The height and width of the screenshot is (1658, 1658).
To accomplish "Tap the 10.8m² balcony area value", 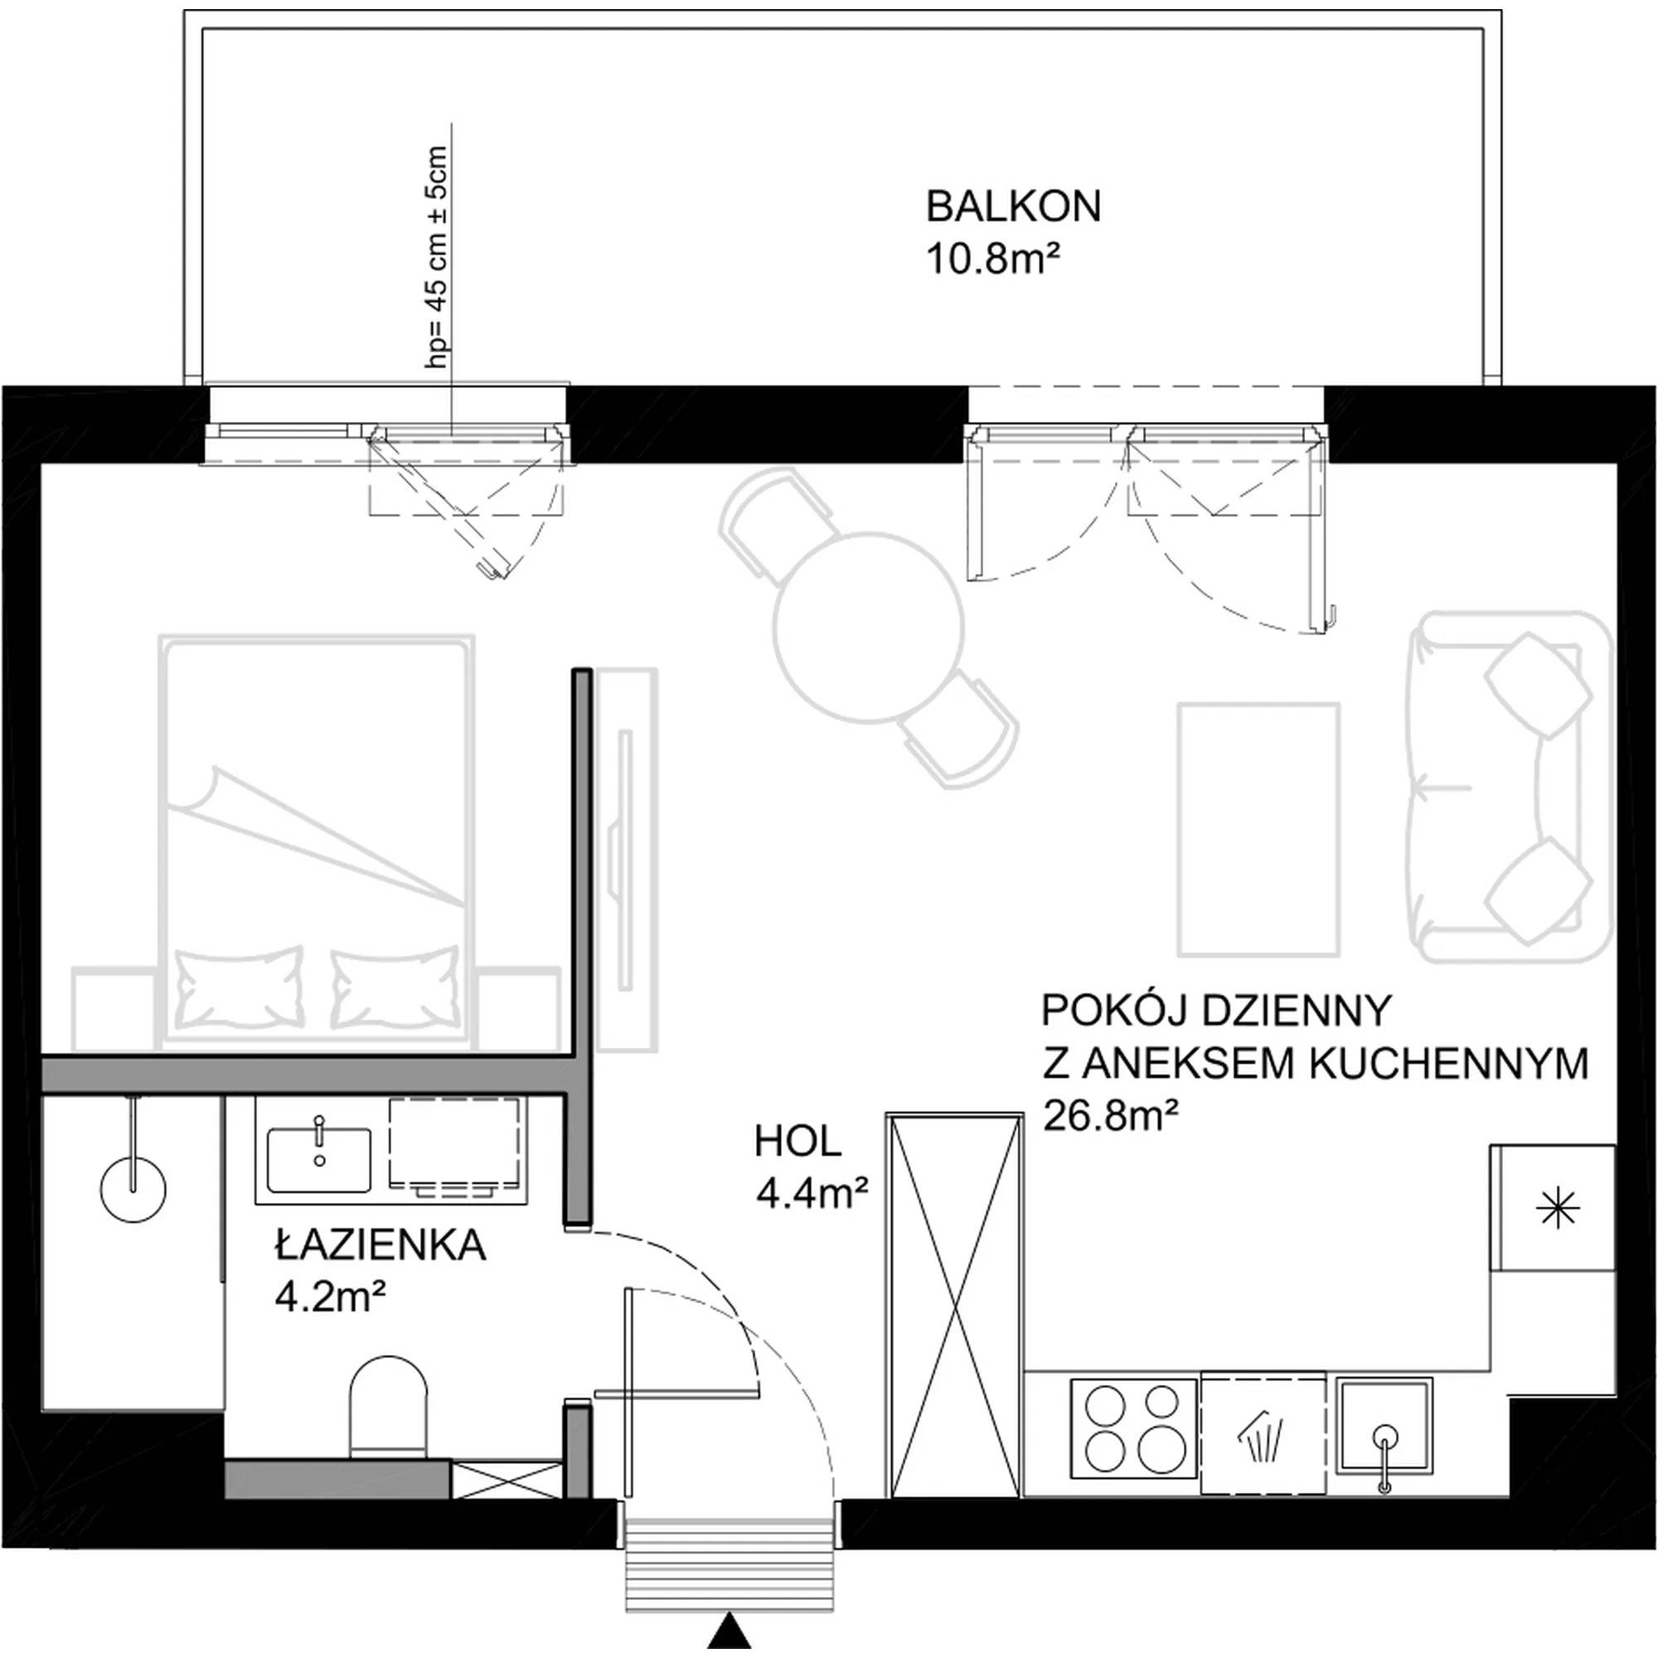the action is (990, 259).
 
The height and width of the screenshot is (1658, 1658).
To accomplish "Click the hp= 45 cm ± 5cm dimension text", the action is (437, 258).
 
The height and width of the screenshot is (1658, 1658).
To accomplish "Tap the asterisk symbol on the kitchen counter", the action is (1558, 1209).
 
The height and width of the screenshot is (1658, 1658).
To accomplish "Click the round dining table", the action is (868, 626).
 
